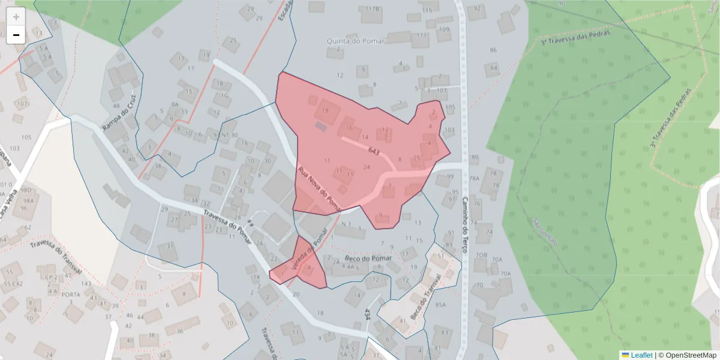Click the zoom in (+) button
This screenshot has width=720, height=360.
coord(16,16)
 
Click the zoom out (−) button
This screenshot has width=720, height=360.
coord(16,35)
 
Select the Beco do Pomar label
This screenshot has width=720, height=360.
coord(368,259)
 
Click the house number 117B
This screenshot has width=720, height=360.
coord(373,9)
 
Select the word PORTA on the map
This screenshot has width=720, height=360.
coord(71,295)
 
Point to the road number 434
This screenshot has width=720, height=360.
coord(367,314)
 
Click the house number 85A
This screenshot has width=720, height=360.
coord(440,305)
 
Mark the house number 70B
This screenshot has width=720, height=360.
coord(481,255)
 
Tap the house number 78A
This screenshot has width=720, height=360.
coord(474,179)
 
